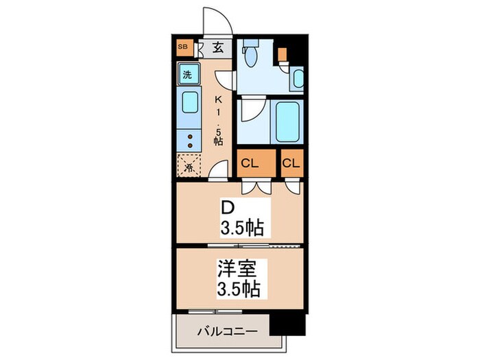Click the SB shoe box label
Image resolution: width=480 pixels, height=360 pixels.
coord(182,47)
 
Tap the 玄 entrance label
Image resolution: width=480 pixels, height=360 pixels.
coord(217,48)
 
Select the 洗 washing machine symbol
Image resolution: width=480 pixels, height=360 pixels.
coord(187,74)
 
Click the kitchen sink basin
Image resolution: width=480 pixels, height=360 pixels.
coord(188,105)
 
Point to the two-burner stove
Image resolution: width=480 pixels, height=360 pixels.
coord(189,141)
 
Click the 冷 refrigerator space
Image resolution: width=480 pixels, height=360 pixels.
coord(187,165)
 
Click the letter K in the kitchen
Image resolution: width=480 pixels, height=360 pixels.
coord(220,98)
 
